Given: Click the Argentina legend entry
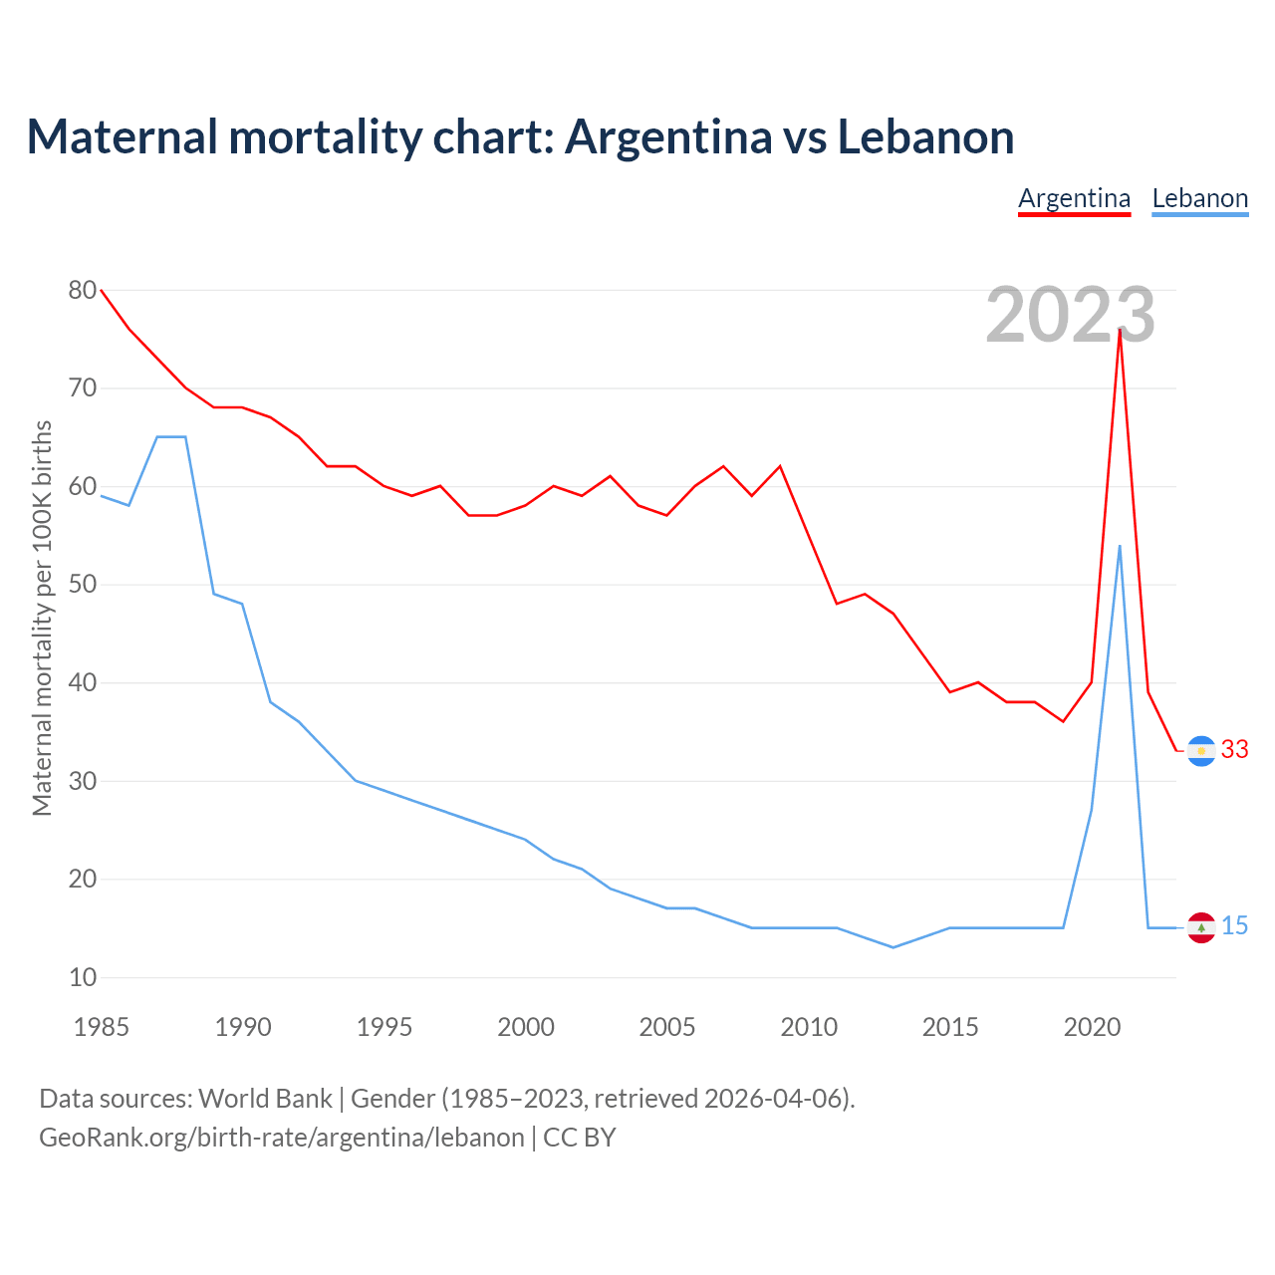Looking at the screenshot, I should [1074, 198].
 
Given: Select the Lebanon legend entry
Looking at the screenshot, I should [1199, 198].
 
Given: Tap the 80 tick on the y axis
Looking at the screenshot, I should [83, 291].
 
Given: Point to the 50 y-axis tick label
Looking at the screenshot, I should [83, 585].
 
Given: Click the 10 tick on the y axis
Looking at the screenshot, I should [83, 978].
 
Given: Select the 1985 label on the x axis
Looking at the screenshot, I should [102, 1027].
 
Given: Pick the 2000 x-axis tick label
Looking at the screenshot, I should [526, 1027].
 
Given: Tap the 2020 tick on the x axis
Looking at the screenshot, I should [1092, 1027].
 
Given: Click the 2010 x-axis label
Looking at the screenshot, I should [809, 1027].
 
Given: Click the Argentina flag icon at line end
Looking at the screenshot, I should [1201, 750].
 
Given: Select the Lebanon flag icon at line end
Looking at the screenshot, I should [1201, 927].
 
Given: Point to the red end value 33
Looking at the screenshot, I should [1235, 750].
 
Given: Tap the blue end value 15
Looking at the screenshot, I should [1235, 926].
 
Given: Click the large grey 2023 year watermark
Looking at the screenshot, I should [1070, 316].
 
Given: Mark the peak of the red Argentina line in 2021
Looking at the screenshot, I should [1120, 330].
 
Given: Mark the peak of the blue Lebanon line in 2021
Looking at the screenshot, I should [1120, 546].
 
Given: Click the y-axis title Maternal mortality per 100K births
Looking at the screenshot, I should [43, 618].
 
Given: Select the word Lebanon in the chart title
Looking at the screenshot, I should [925, 137].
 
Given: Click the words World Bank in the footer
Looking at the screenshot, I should [265, 1099].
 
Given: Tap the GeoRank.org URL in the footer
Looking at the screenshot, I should [281, 1138].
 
